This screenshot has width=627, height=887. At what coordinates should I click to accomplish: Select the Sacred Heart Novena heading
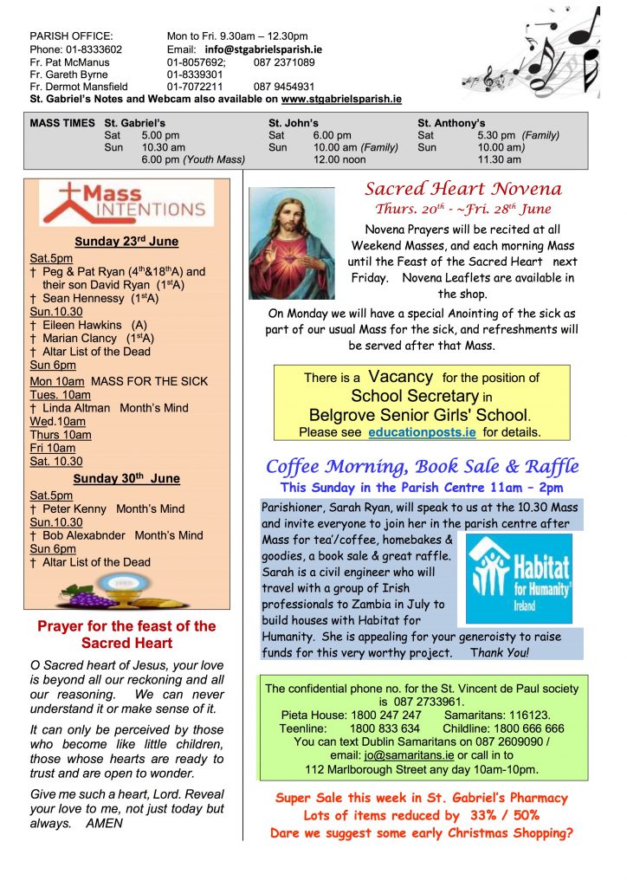pos(463,189)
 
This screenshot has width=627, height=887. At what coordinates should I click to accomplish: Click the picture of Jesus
pos(291,243)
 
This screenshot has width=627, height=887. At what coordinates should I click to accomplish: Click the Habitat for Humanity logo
pos(519,578)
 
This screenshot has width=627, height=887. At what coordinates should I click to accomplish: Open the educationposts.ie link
pos(423,431)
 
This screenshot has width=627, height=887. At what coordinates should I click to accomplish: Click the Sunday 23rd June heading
pos(128,242)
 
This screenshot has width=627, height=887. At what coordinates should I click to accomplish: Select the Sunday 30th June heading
pos(126,478)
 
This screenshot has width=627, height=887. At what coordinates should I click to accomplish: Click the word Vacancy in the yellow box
pos(399,377)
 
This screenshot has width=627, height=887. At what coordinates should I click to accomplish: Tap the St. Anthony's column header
pos(451,123)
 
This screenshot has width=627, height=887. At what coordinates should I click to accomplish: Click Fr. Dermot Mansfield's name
pos(79,87)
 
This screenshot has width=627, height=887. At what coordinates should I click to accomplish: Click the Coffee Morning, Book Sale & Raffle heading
pos(422,466)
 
